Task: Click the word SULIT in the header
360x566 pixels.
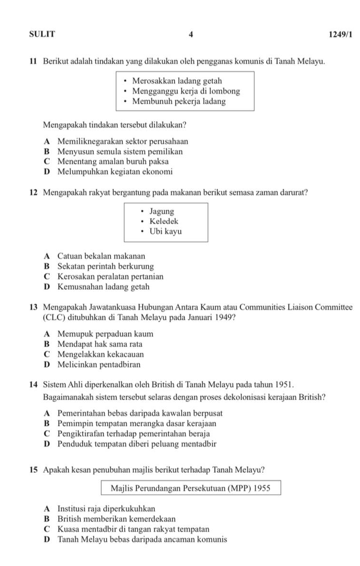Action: point(42,34)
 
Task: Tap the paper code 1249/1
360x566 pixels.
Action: point(340,34)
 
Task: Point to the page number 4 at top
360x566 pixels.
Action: point(191,34)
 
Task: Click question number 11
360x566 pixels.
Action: point(33,62)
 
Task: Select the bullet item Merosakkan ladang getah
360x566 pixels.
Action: point(177,81)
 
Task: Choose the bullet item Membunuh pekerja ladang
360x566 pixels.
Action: point(179,101)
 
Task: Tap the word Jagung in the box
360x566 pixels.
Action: point(162,211)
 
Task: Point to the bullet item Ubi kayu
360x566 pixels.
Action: point(165,231)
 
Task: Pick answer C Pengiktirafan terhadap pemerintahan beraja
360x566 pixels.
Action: point(133,434)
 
